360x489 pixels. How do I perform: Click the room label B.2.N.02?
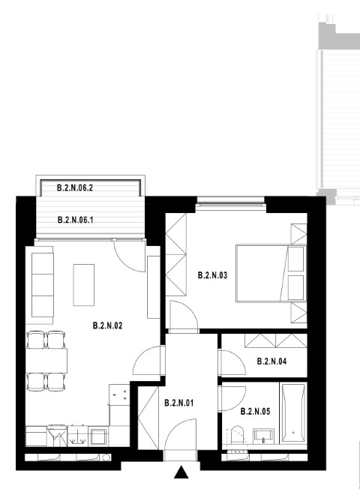[108, 325]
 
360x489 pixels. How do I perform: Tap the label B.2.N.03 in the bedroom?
[213, 275]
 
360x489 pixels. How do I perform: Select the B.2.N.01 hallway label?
[179, 403]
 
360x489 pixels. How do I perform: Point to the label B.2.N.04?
[271, 361]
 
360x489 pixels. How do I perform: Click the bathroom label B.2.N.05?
[255, 411]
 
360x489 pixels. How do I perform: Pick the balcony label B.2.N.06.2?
[75, 187]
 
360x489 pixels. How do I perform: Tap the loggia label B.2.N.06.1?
[76, 220]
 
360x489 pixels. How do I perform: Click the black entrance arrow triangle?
[181, 472]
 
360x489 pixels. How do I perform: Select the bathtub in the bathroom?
[293, 412]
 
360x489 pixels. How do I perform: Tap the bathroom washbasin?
[263, 436]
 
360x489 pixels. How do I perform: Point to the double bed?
[271, 273]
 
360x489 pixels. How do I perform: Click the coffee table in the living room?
[83, 285]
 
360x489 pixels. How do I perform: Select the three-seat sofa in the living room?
[43, 285]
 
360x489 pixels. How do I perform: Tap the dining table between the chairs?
[46, 361]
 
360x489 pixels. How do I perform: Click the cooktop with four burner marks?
[119, 394]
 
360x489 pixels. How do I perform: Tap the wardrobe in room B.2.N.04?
[276, 340]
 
